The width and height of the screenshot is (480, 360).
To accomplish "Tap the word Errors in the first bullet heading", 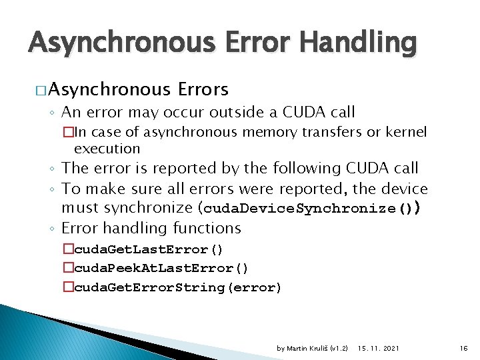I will point(203,89).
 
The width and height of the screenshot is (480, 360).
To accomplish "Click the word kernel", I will point(405,132).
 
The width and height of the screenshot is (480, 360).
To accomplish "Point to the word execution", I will point(107,148).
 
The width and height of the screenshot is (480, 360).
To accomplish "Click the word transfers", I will point(330,132).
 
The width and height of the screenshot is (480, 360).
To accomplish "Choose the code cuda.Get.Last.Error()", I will point(149,249).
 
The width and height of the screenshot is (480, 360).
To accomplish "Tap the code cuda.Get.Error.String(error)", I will point(177,287).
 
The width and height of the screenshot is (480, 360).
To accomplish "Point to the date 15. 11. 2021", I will point(379,348).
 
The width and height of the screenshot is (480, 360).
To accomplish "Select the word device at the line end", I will point(403,189).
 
